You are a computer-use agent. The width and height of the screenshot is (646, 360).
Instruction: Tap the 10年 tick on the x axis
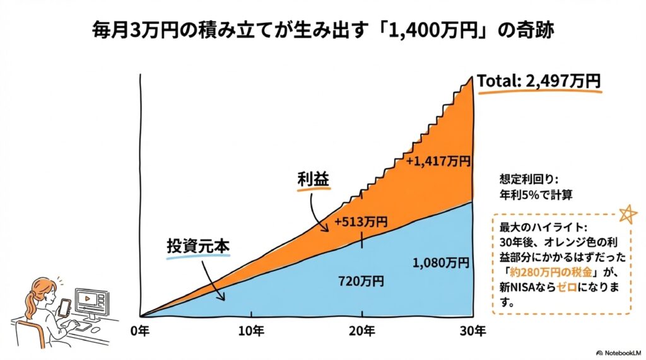tap(251, 330)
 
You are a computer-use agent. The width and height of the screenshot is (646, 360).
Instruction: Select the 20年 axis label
tap(362, 330)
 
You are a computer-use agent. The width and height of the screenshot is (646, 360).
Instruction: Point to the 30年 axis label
tap(473, 330)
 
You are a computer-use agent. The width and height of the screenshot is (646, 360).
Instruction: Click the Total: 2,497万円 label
tap(538, 81)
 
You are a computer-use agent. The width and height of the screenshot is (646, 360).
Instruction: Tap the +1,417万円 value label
tap(438, 161)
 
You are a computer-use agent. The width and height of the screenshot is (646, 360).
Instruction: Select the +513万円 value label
tap(361, 221)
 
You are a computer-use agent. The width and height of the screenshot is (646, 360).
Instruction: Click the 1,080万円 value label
tap(441, 262)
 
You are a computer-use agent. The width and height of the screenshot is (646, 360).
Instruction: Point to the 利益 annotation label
tap(314, 180)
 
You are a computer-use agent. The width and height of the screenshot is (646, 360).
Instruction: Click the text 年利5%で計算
tap(536, 194)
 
